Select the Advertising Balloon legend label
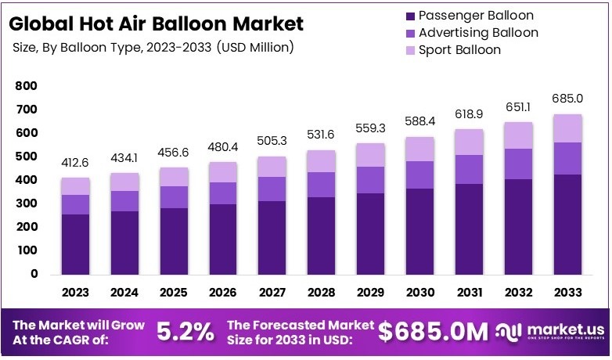(x=478, y=33)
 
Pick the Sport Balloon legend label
(x=459, y=50)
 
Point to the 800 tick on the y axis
(x=27, y=86)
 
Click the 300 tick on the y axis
(x=27, y=203)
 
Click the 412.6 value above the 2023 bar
(x=77, y=164)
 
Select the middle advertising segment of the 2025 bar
(x=174, y=196)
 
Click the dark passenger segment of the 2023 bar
(x=77, y=243)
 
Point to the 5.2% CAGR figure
(x=185, y=332)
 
